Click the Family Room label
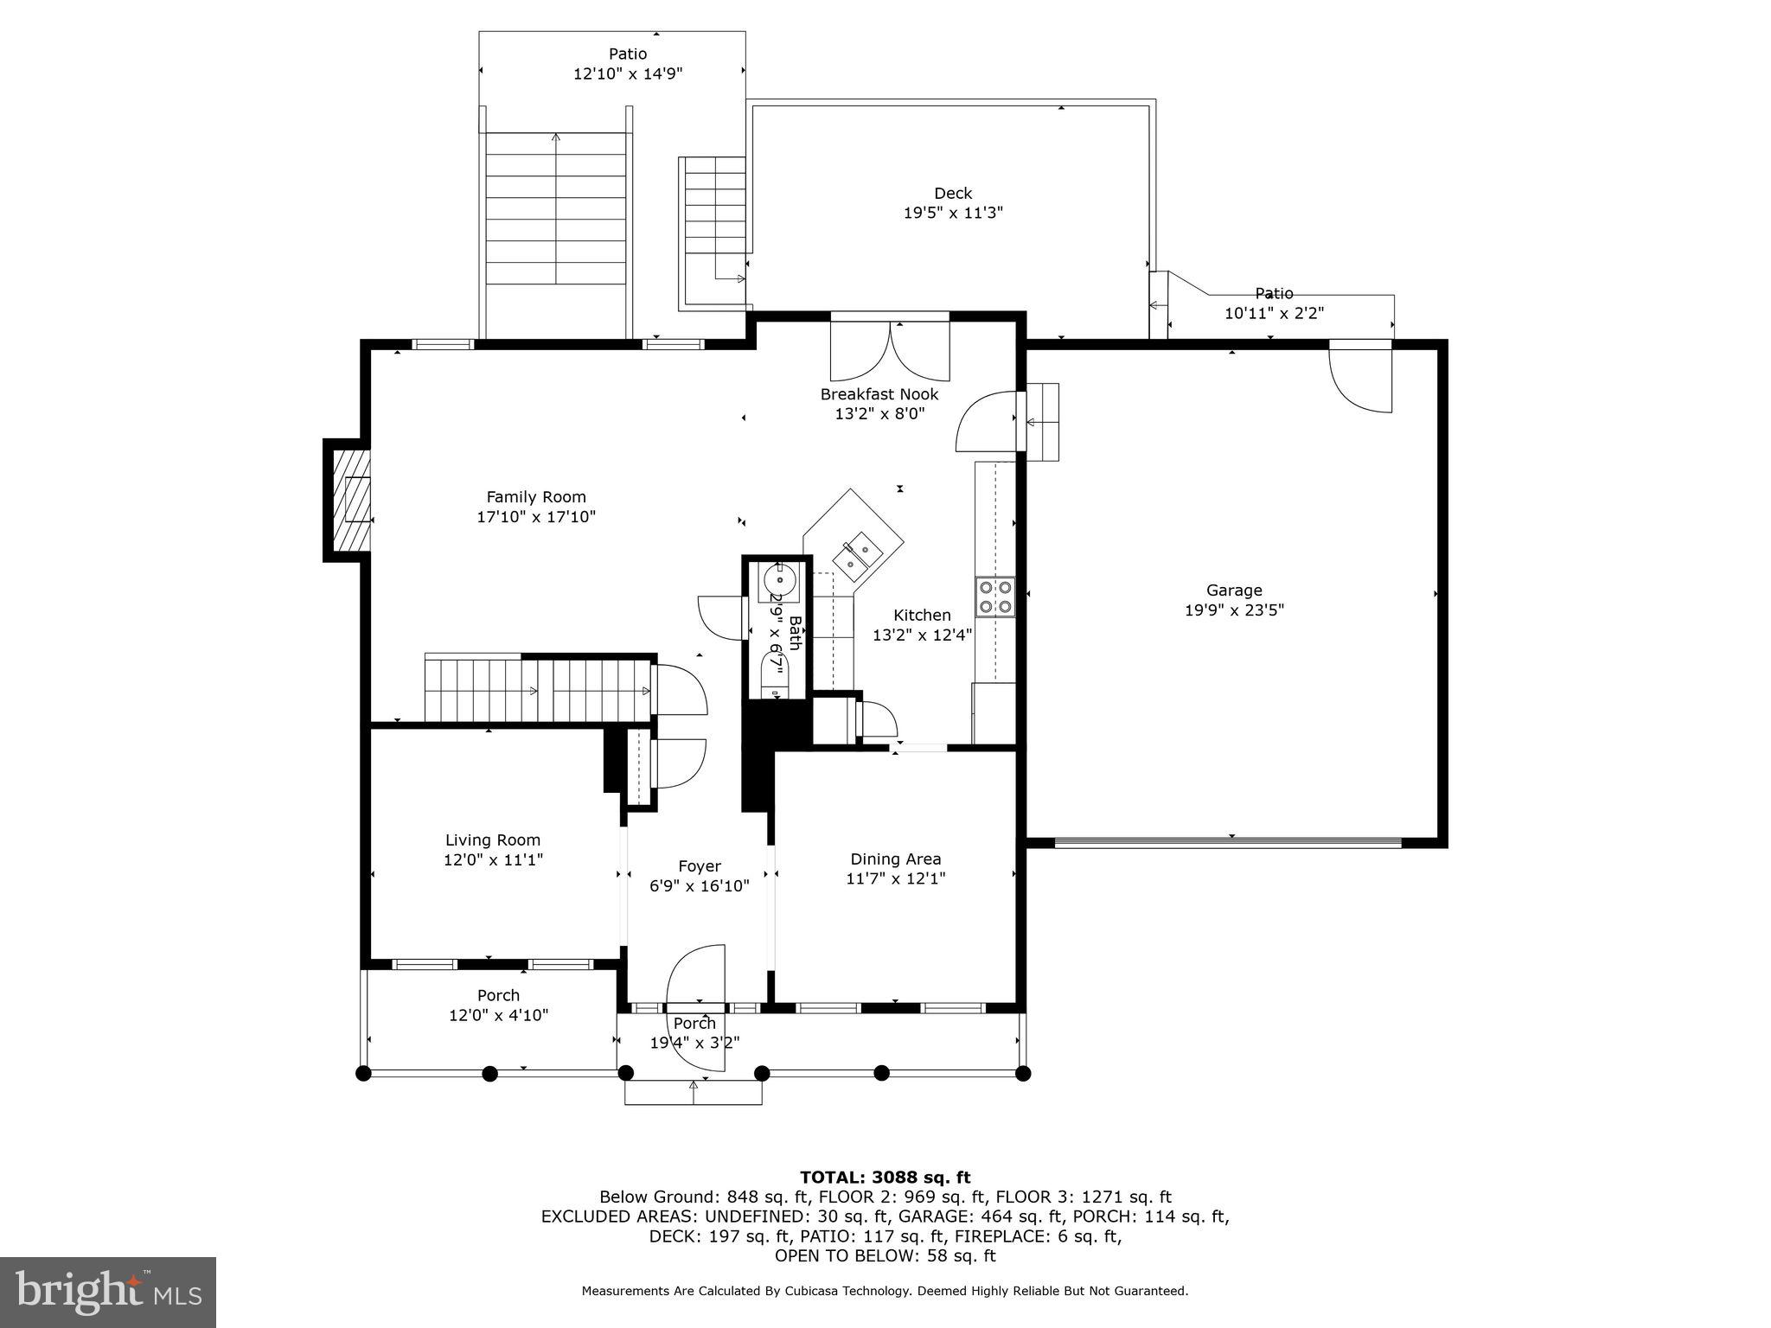click(535, 497)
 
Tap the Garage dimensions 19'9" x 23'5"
click(1234, 610)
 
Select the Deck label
click(952, 194)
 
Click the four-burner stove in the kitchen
click(994, 597)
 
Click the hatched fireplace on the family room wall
click(352, 501)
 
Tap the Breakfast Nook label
click(879, 394)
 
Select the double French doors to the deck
click(890, 350)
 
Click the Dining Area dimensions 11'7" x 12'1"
click(895, 879)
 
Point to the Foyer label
click(699, 866)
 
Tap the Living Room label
click(493, 840)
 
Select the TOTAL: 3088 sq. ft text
click(885, 1178)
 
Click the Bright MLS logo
click(107, 1292)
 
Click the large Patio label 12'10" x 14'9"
click(628, 54)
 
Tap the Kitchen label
click(922, 616)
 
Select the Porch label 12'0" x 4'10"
click(498, 996)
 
